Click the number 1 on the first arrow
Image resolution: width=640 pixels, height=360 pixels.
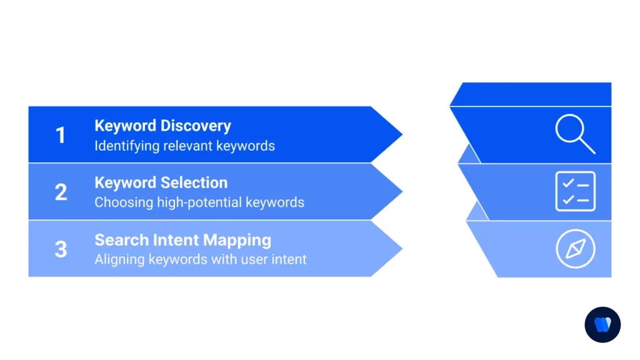click(61, 135)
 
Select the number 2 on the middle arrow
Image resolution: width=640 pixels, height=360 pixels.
click(61, 192)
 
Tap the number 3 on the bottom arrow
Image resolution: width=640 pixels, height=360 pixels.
click(61, 249)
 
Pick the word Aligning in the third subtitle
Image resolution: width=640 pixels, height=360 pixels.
click(119, 259)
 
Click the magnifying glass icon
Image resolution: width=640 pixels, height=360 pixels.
click(574, 134)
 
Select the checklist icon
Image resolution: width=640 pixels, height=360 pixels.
click(575, 191)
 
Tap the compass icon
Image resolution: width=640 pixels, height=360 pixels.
click(575, 249)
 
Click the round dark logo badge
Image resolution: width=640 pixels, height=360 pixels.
click(602, 324)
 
